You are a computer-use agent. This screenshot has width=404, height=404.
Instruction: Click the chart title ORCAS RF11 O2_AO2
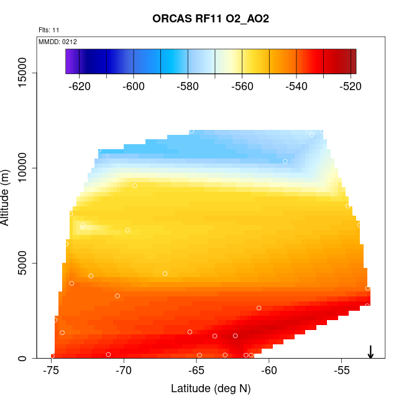click(211, 19)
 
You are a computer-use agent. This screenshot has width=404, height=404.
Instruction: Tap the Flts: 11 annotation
click(49, 30)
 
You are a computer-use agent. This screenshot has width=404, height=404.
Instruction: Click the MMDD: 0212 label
click(58, 42)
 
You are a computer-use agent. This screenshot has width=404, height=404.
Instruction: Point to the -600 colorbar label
click(134, 86)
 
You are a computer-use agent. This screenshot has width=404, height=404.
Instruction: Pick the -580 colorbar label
click(188, 86)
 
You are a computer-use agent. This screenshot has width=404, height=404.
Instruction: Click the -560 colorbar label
click(242, 86)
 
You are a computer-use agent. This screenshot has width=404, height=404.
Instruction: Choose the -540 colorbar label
click(296, 86)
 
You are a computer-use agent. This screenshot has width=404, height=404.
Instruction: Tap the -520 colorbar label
click(349, 86)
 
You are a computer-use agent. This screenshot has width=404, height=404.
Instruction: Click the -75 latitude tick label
click(52, 372)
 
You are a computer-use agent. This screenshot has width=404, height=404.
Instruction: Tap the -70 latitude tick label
click(124, 372)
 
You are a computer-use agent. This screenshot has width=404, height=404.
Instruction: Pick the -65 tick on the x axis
click(196, 372)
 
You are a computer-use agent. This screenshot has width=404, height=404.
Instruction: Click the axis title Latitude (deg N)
click(211, 389)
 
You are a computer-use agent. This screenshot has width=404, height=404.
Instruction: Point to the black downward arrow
click(370, 352)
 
